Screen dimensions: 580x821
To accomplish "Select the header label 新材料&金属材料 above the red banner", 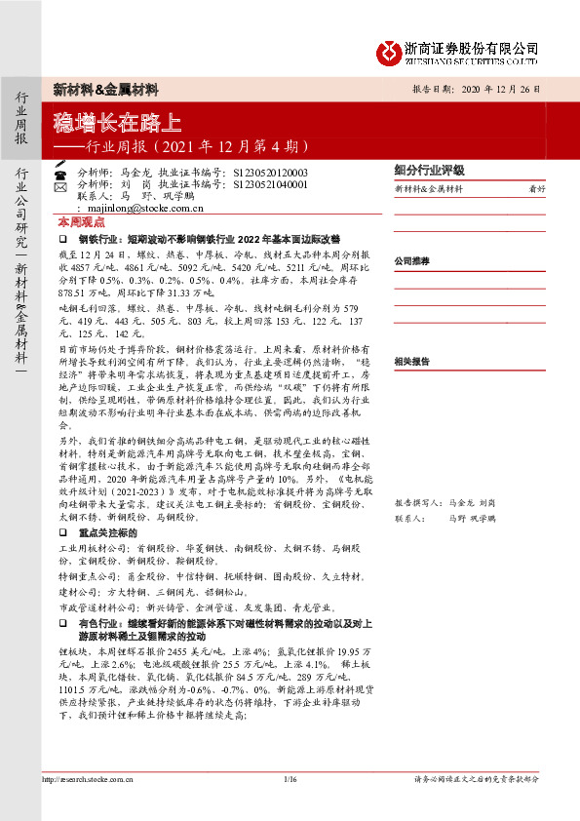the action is click(105, 90).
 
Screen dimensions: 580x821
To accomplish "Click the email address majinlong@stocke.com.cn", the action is click(141, 207).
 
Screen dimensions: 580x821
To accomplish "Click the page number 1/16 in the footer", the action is click(289, 778).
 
